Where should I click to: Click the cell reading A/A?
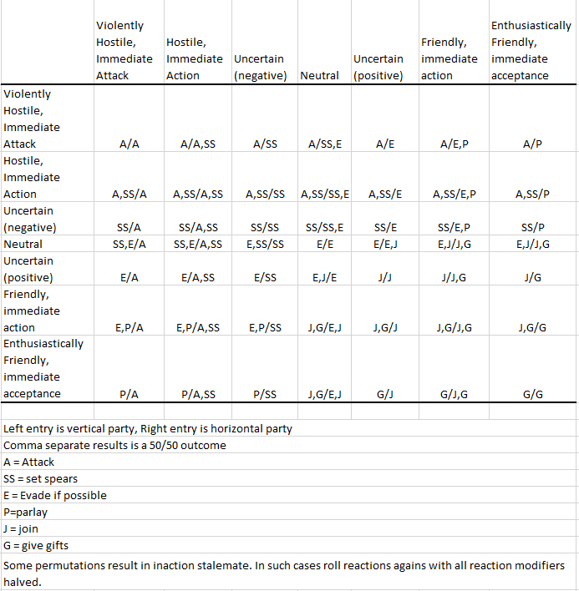coord(130,144)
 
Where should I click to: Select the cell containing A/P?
coord(532,144)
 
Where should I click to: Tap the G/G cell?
coord(532,394)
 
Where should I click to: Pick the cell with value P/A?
coord(130,394)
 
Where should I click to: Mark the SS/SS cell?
coord(264,228)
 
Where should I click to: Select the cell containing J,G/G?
coord(532,327)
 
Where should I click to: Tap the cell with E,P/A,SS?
coord(198,327)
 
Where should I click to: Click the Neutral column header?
coord(319,76)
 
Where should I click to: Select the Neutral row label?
coord(23,245)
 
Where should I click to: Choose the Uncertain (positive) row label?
coord(28,269)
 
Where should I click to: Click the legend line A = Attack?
coord(29,462)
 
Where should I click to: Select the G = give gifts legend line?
coord(34,545)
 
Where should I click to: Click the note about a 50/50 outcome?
coord(114,445)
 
